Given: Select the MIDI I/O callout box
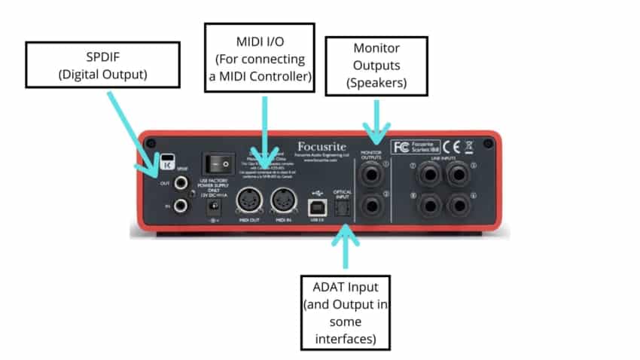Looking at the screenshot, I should (x=260, y=58).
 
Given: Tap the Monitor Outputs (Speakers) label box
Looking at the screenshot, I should (x=376, y=65).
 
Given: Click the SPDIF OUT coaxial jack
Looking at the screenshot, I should (x=181, y=182).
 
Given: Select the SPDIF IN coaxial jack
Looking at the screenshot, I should (x=181, y=206).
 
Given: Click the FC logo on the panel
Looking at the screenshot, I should (x=401, y=145).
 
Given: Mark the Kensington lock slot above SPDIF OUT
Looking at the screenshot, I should (x=168, y=159).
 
